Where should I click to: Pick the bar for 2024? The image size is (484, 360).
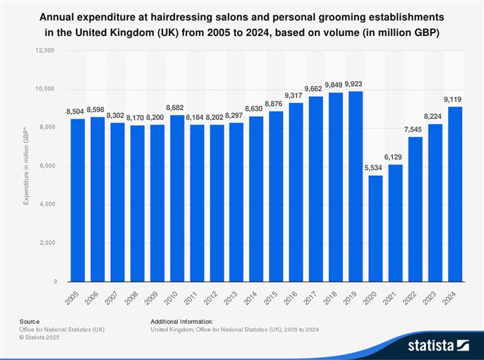[x=455, y=194]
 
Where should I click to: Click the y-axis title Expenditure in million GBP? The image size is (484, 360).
[x=26, y=167]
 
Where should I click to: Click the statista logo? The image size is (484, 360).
[x=438, y=345]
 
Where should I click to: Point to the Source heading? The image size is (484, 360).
[x=30, y=321]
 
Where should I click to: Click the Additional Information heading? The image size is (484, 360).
[x=181, y=321]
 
